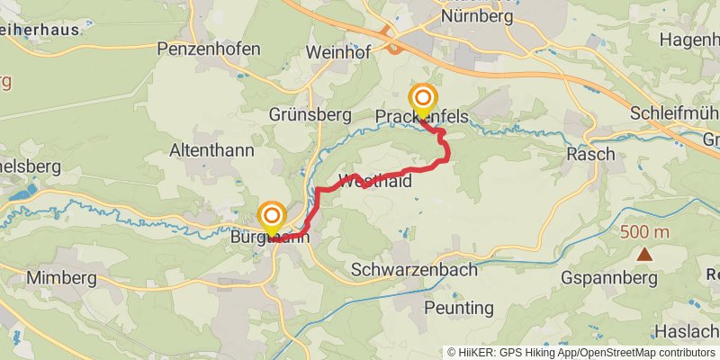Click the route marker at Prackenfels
[422, 99]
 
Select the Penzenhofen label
[209, 48]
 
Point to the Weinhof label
[339, 51]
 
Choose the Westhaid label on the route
[375, 181]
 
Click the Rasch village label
[590, 154]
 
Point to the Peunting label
[459, 308]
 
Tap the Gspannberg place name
[609, 277]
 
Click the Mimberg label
[61, 277]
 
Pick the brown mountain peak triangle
[644, 254]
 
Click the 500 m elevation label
[644, 232]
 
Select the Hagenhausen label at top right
[688, 40]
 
